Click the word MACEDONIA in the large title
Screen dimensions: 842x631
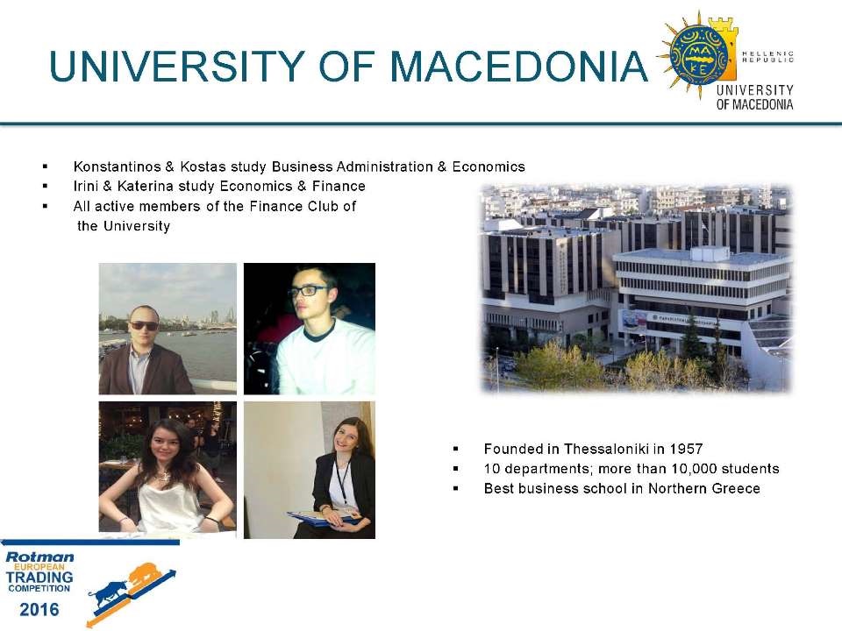[x=518, y=67]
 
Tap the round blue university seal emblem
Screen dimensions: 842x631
[x=699, y=54]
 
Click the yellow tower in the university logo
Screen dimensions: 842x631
[x=725, y=44]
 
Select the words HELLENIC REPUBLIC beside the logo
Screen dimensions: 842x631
[x=767, y=57]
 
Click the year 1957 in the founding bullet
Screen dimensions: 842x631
[x=686, y=449]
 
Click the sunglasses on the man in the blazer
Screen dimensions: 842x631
[x=144, y=325]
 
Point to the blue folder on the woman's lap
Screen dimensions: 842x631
[x=321, y=517]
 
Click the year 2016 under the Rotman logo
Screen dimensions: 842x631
[x=39, y=610]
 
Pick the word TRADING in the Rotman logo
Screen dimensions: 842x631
[x=39, y=578]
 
